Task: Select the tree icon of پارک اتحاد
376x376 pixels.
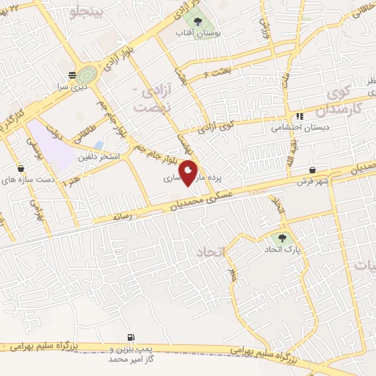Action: [x=281, y=238]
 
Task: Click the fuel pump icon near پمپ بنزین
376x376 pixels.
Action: [x=131, y=336]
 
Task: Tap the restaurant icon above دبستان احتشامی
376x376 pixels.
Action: [x=299, y=115]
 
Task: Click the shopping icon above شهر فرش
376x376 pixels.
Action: [x=314, y=170]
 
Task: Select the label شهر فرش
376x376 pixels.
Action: [x=312, y=181]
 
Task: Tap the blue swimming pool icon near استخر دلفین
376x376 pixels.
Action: [x=98, y=145]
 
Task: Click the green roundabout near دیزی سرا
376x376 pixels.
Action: [x=87, y=75]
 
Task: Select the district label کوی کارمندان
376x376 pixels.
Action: [x=336, y=102]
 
